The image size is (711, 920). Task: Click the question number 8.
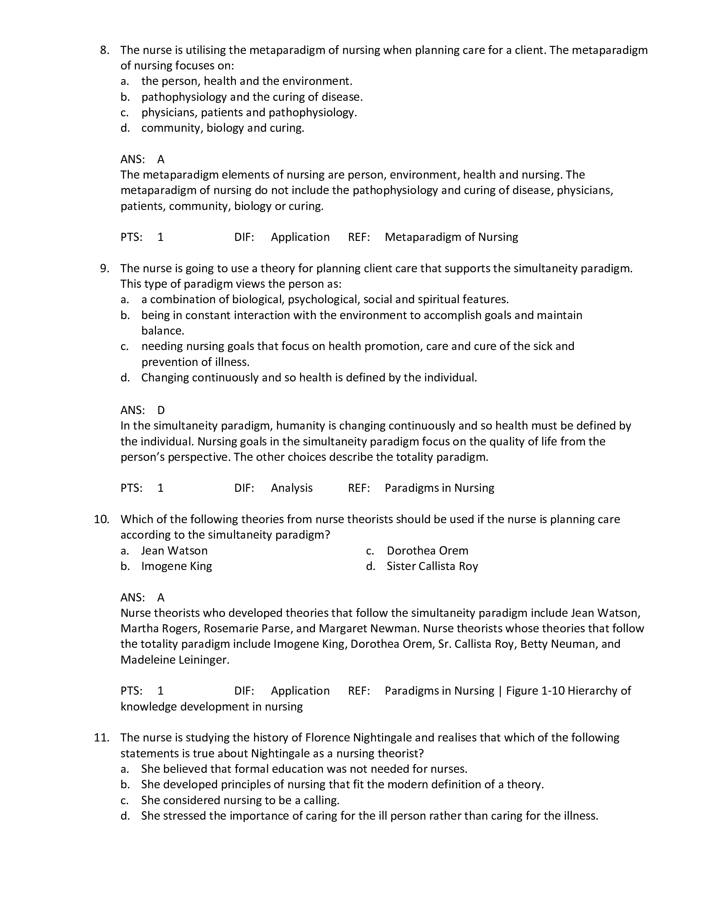[x=104, y=50]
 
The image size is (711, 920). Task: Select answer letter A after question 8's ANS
[x=161, y=159]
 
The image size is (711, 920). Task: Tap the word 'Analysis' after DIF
[x=292, y=488]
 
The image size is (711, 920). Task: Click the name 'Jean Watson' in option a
[x=174, y=551]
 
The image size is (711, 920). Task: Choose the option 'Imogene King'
[x=176, y=566]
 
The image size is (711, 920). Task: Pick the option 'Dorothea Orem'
[x=427, y=551]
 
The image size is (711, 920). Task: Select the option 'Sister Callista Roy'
[x=432, y=566]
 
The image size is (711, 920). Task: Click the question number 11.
[x=102, y=738]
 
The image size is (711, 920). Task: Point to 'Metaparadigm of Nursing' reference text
[x=451, y=237]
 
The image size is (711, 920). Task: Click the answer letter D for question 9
[x=161, y=410]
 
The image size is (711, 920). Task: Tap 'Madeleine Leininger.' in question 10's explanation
[x=175, y=659]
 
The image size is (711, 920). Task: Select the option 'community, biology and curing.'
[x=223, y=128]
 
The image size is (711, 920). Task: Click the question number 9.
[x=104, y=268]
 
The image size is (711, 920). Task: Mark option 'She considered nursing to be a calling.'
[x=240, y=800]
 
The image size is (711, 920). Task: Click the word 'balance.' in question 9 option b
[x=163, y=331]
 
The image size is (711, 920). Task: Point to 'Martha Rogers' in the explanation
[x=159, y=629]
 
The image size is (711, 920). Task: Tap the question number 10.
[x=102, y=519]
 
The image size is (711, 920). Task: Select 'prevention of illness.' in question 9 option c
[x=195, y=362]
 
